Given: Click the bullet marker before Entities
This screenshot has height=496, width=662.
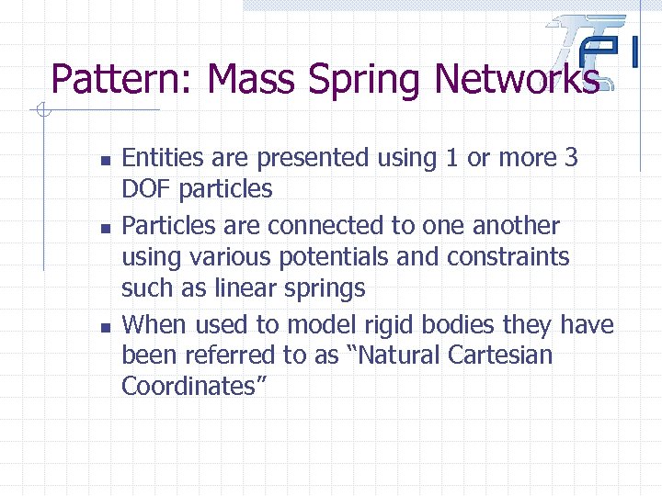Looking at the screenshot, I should (x=105, y=160).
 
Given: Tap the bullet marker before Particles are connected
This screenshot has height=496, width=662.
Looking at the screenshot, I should (x=105, y=227).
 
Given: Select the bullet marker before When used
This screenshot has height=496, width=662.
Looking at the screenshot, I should (x=105, y=326).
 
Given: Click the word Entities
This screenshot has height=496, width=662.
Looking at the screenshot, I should (x=165, y=158).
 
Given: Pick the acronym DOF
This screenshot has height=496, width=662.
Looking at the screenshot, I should (x=147, y=190).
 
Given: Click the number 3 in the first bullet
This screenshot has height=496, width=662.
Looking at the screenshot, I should (x=571, y=158).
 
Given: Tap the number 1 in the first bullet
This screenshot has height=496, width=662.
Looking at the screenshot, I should (x=451, y=158).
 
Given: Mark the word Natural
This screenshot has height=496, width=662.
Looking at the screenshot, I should (x=392, y=355).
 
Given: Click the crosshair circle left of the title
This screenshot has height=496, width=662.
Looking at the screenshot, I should (x=42, y=112).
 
